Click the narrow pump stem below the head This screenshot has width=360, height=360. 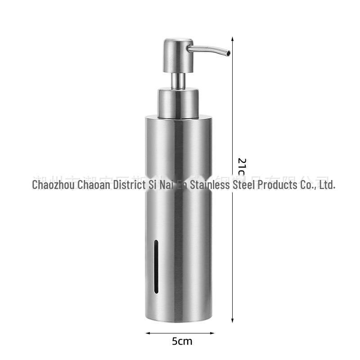177,80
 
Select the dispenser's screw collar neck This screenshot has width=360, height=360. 178,103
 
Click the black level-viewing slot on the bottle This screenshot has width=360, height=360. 156,266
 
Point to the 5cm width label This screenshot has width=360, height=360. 182,341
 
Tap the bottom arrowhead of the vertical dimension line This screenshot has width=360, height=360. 232,320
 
